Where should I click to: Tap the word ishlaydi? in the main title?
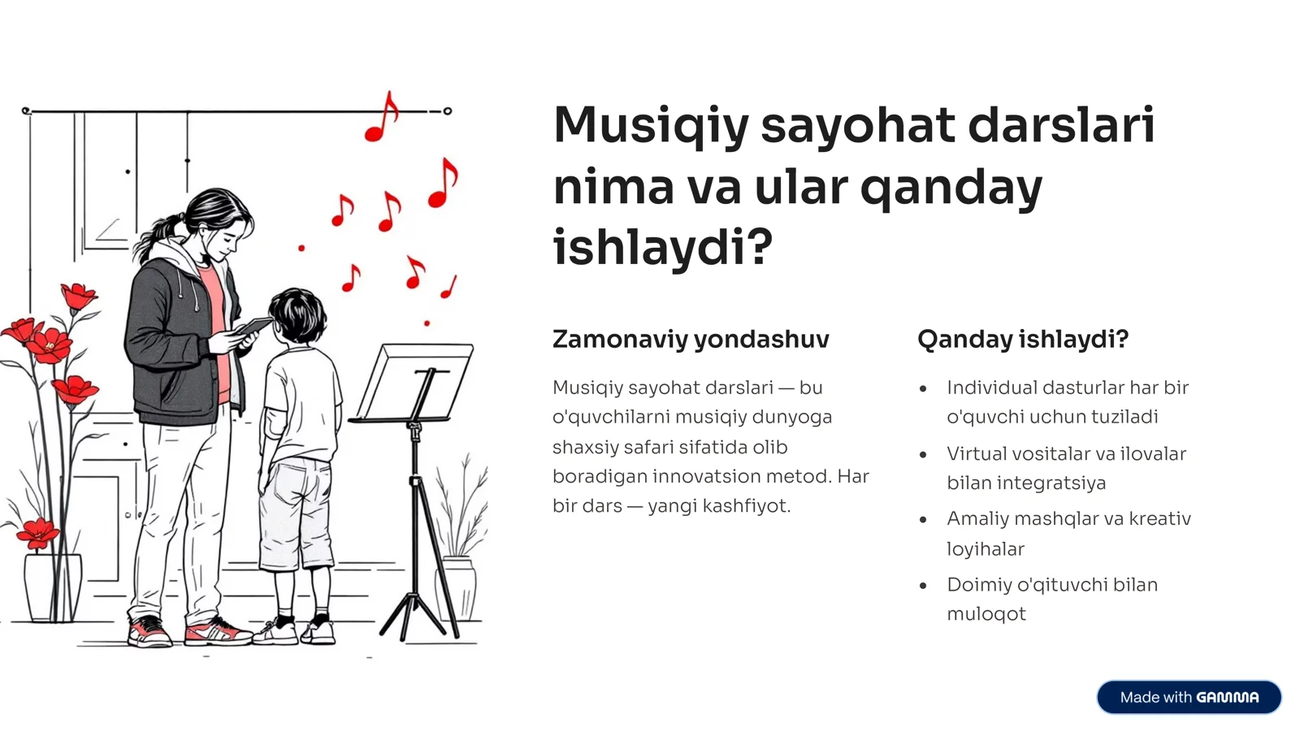[x=662, y=248]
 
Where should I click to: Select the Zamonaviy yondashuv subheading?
[x=691, y=339]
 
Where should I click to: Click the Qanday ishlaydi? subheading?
[x=1023, y=339]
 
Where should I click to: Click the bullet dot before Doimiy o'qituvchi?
[x=923, y=585]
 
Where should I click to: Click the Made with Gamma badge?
[x=1189, y=697]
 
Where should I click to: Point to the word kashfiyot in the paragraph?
[x=746, y=506]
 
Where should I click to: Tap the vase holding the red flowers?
[x=53, y=587]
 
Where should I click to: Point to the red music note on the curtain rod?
[x=382, y=119]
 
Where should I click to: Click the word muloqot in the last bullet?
[x=986, y=614]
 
